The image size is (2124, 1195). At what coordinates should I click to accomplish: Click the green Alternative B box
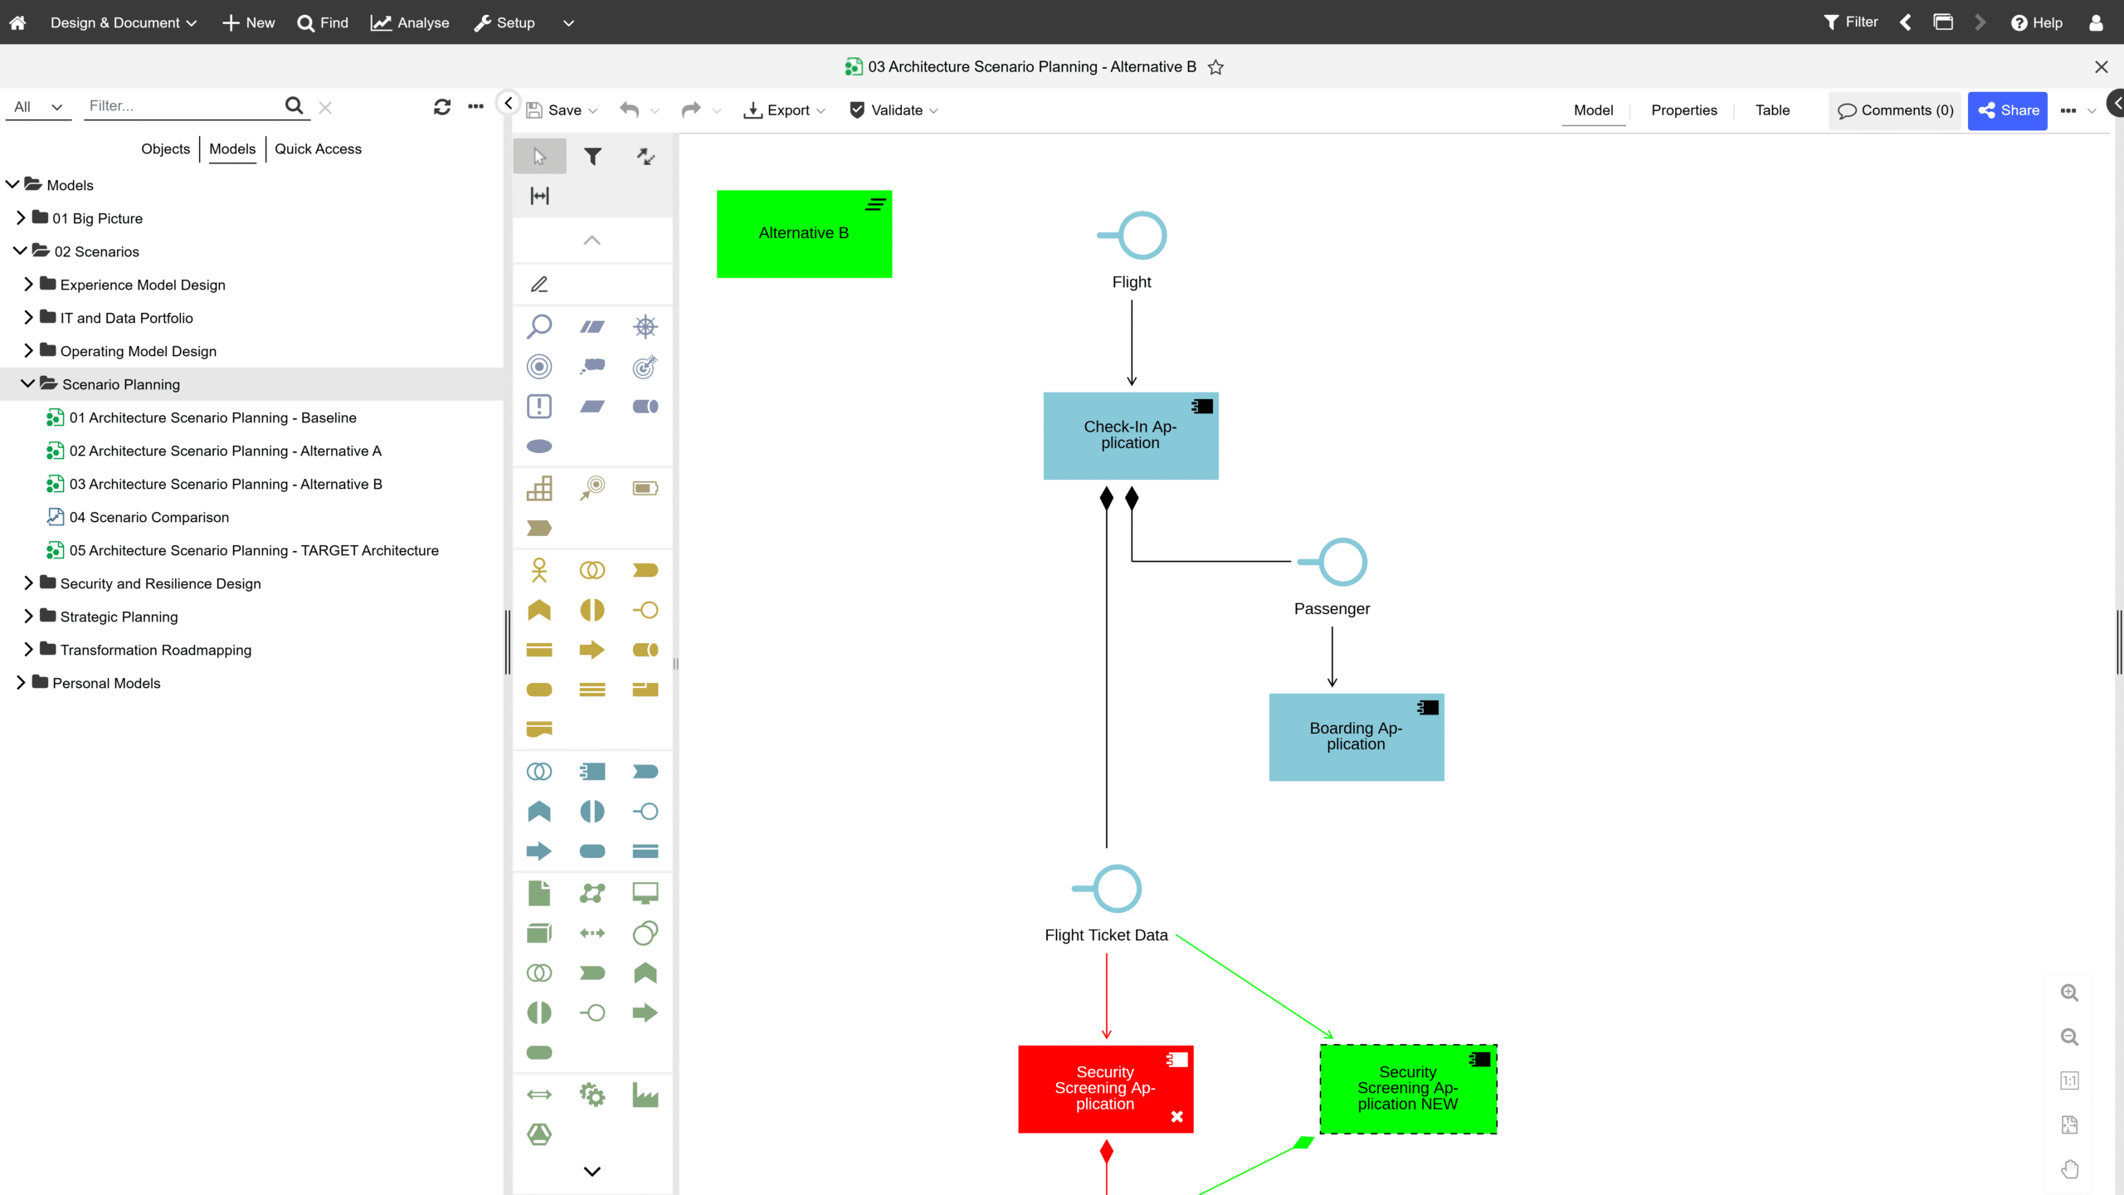(x=804, y=234)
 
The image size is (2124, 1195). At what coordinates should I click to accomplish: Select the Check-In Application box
(x=1131, y=436)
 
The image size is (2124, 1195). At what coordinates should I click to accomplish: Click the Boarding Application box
(x=1357, y=737)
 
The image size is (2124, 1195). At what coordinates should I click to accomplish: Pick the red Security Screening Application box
(x=1105, y=1089)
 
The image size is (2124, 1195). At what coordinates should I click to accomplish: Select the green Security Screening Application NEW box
(x=1408, y=1089)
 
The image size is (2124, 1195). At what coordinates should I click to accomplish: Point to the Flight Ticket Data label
(x=1106, y=935)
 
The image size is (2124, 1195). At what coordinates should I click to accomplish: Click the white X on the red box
(x=1176, y=1116)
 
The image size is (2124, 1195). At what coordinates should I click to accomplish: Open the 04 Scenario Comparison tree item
(x=149, y=517)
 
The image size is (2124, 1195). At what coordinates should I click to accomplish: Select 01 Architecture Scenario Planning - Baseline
(x=213, y=417)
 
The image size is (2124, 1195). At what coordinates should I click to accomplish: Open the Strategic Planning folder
(x=119, y=617)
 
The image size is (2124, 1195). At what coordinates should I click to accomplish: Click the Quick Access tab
(x=318, y=149)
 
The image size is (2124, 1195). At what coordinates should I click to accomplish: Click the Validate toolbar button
(x=894, y=110)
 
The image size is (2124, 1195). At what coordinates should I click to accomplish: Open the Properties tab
(x=1683, y=110)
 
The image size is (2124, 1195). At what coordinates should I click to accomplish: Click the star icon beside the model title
(x=1215, y=67)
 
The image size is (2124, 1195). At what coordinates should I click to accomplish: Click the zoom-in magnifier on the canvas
(x=2069, y=993)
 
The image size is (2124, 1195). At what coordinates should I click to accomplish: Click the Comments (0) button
(x=1895, y=110)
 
